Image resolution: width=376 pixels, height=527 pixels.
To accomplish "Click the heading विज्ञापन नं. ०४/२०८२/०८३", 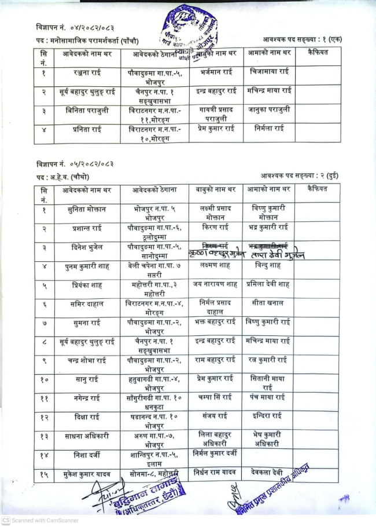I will [65, 27].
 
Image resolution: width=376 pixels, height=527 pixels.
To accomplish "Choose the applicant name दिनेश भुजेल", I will [86, 247].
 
